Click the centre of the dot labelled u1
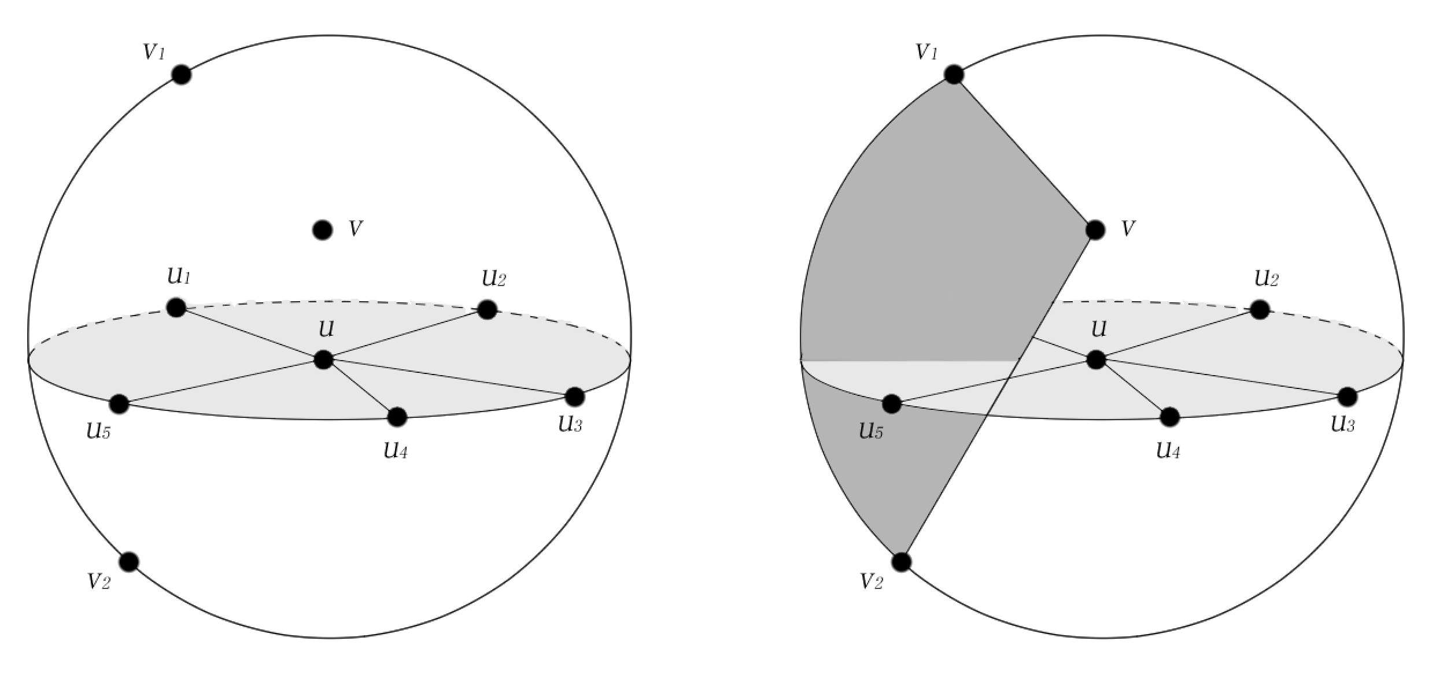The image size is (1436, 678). [x=176, y=307]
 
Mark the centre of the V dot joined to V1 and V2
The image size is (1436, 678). [x=1095, y=230]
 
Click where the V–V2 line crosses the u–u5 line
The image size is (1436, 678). [x=1009, y=376]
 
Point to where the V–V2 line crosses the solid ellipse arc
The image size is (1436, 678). [x=985, y=414]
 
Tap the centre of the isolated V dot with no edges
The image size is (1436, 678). [x=322, y=230]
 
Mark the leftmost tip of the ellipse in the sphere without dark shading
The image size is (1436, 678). [x=29, y=360]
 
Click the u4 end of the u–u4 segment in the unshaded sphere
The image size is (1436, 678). [x=397, y=416]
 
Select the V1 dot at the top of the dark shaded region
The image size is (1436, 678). [x=954, y=75]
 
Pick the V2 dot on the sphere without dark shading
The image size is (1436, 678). [x=129, y=561]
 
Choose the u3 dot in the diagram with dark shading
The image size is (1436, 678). [x=1348, y=397]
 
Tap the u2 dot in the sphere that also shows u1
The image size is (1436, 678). [x=487, y=310]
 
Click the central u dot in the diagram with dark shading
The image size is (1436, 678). [x=1096, y=360]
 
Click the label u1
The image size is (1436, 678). [x=179, y=276]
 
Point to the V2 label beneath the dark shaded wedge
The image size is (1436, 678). [x=872, y=581]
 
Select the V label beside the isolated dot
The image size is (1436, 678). [x=356, y=229]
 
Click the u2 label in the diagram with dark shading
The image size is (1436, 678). [x=1266, y=278]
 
